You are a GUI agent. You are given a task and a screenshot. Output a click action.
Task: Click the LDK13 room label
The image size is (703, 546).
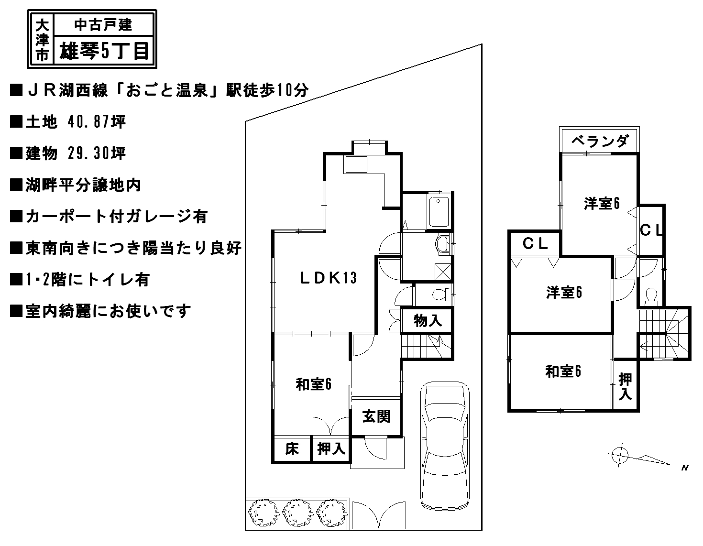click(328, 278)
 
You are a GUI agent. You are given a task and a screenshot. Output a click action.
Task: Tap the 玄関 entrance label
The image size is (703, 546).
click(376, 417)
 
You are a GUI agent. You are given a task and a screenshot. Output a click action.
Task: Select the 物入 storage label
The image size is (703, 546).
click(428, 321)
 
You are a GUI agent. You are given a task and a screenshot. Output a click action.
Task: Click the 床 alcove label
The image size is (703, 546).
click(292, 449)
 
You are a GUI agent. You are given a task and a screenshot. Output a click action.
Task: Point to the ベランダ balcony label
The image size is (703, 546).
click(599, 142)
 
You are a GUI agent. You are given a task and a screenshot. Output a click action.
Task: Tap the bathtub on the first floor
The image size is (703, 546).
click(439, 211)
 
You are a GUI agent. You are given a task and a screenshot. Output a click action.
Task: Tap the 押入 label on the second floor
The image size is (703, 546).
click(625, 386)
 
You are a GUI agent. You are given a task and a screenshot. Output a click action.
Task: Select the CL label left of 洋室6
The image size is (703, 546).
click(535, 244)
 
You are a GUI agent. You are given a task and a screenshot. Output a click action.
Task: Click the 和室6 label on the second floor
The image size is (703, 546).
click(563, 371)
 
